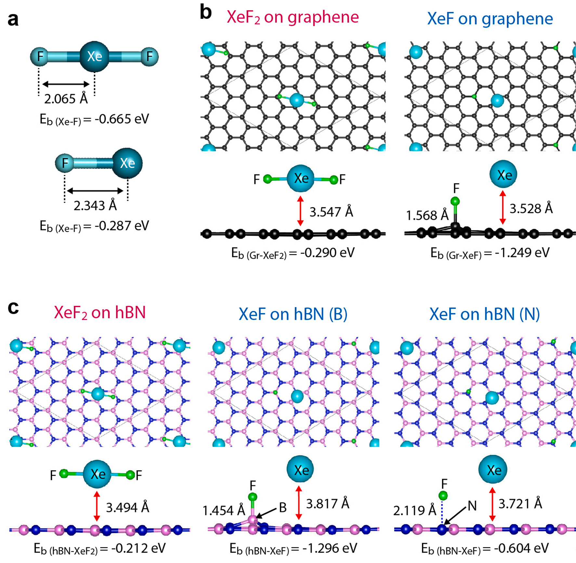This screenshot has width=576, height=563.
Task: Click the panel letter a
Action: [x=13, y=20]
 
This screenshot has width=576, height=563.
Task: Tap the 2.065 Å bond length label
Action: [x=66, y=99]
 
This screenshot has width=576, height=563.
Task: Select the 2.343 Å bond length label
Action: [x=95, y=205]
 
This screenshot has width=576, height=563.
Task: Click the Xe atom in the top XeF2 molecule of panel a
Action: [x=95, y=57]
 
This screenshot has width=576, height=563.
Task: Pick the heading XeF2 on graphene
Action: [x=293, y=17]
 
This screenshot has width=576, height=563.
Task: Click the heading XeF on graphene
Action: [x=490, y=19]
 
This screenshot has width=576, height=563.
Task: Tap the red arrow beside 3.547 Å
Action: [x=300, y=211]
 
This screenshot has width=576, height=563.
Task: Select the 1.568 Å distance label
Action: [x=427, y=215]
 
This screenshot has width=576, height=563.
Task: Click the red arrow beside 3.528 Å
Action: [x=503, y=207]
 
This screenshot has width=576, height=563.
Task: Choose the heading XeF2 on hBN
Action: [x=100, y=313]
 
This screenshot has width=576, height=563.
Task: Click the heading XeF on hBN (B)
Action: [x=293, y=314]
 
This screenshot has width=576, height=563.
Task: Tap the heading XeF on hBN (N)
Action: [x=484, y=314]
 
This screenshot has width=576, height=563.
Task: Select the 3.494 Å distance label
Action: [x=127, y=507]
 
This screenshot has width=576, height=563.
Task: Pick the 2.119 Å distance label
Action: [x=414, y=510]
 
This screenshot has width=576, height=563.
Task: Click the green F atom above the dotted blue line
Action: [x=443, y=496]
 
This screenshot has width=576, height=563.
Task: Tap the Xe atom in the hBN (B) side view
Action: [x=300, y=470]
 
